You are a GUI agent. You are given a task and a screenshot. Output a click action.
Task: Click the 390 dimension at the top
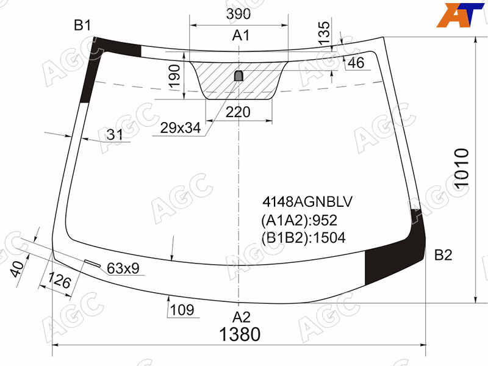238,14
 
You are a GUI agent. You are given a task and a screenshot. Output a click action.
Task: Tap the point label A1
241,35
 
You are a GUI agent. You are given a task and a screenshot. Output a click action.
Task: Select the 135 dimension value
324,33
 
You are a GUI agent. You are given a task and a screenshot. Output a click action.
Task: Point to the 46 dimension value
356,63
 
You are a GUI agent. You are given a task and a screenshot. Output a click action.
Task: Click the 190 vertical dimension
174,76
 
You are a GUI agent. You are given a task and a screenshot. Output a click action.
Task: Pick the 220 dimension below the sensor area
238,112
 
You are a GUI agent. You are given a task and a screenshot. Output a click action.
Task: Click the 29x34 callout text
181,127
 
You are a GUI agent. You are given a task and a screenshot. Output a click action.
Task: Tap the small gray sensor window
239,76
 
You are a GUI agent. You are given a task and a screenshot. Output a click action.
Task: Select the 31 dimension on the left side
115,134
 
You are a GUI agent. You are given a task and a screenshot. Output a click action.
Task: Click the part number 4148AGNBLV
307,202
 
